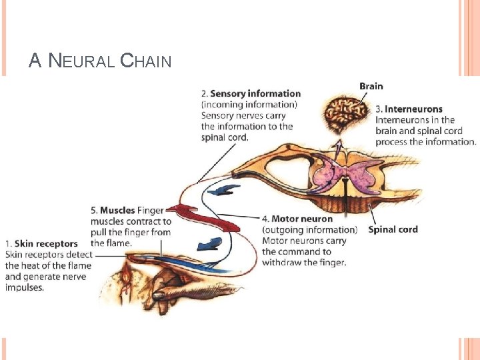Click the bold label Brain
click(371, 86)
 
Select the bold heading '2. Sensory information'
click(251, 94)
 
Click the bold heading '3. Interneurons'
click(409, 109)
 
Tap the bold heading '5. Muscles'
click(113, 211)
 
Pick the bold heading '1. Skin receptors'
click(41, 243)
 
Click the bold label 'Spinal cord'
click(393, 229)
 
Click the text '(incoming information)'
click(249, 105)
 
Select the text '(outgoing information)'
click(309, 230)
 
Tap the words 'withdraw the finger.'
click(304, 262)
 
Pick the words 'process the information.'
click(425, 141)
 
